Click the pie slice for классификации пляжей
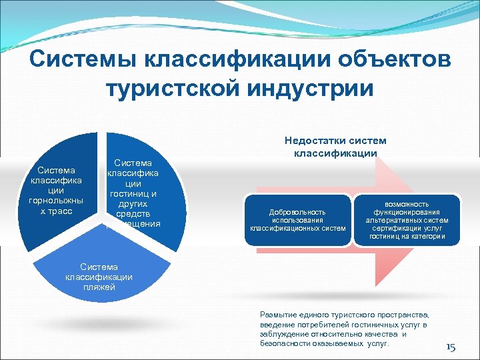pos(100,280)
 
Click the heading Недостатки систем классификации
pos(335,147)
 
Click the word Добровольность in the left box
pos(297,212)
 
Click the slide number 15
pos(450,347)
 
